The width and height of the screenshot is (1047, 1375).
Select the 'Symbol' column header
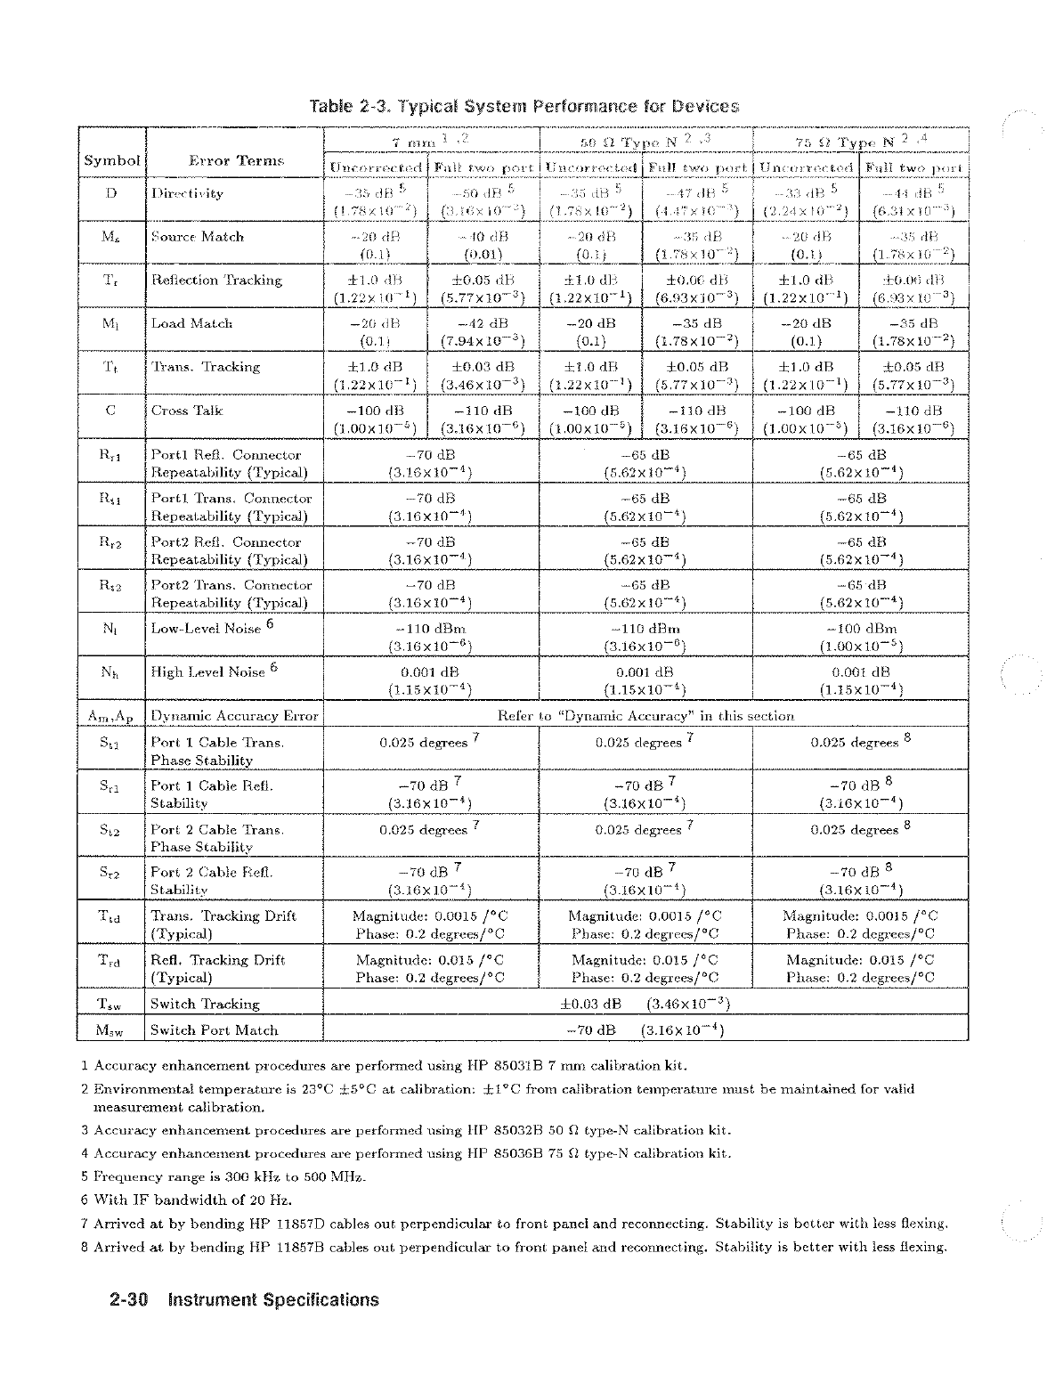pos(112,160)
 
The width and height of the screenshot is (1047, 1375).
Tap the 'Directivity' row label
pos(187,193)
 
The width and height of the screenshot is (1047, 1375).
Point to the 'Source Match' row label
pos(197,237)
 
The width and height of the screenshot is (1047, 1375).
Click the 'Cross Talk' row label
pos(187,411)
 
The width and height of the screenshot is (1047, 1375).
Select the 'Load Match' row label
pos(191,323)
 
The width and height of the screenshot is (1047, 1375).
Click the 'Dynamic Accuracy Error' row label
pos(234,715)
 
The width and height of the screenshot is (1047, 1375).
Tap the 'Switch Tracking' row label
pos(205,1004)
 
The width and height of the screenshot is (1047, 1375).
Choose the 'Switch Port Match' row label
pos(214,1030)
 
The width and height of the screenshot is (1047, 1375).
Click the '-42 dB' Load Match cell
pos(482,323)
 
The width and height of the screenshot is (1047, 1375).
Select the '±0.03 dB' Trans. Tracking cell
pos(482,367)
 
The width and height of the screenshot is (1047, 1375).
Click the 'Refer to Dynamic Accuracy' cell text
pos(645,715)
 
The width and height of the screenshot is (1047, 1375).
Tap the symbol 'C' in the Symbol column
pos(111,411)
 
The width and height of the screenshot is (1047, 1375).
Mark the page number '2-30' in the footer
pos(127,1300)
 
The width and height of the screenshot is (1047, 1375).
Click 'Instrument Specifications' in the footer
pos(273,1300)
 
